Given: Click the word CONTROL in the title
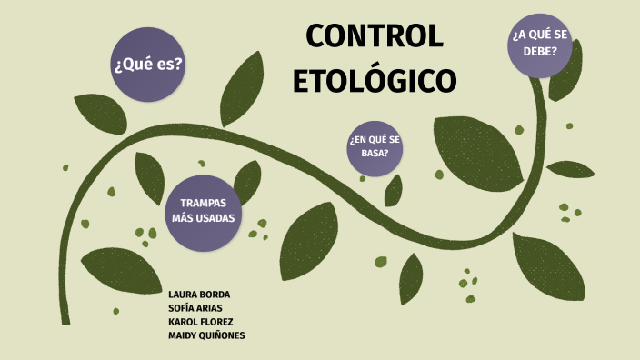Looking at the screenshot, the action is tap(375, 36).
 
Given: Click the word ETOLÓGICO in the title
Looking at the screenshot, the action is tap(375, 80).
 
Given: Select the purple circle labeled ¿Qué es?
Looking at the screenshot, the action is tap(147, 65).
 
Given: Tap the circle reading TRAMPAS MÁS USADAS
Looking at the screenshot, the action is tap(204, 212).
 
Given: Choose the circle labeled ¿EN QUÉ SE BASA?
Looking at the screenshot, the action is tap(375, 145).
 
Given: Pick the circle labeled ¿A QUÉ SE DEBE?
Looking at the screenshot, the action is tap(546, 44).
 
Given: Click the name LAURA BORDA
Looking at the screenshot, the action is tap(199, 295).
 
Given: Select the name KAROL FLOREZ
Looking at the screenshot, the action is tap(200, 322).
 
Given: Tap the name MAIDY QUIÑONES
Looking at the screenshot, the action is tap(206, 335).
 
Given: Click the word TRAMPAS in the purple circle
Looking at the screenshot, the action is tap(204, 203).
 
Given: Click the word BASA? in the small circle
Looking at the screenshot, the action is tap(375, 153).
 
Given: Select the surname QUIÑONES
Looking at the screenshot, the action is tap(222, 335).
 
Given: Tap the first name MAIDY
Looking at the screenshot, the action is tap(182, 335).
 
